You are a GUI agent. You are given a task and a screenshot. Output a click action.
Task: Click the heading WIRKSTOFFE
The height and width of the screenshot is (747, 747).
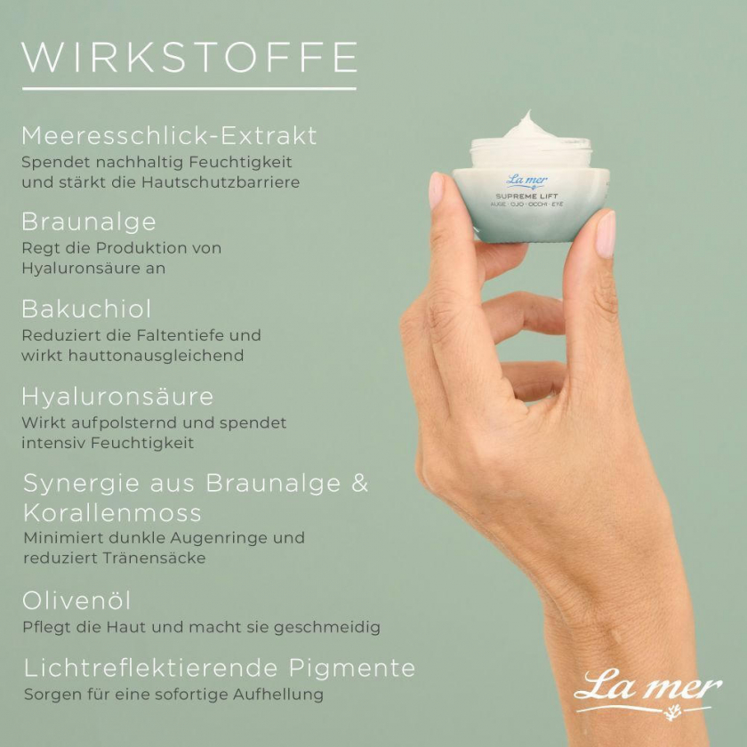pos(189,58)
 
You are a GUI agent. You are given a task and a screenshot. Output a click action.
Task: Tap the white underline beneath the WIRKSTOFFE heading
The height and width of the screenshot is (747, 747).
pos(189,89)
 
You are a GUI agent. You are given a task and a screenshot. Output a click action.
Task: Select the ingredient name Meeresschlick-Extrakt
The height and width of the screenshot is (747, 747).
pos(169,136)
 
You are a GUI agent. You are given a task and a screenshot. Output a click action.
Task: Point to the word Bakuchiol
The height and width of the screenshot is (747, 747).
pos(86,309)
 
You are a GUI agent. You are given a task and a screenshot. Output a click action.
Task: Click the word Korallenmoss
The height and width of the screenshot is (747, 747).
pos(112,512)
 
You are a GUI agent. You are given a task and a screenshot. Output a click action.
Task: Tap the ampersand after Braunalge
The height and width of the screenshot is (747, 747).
pos(359,483)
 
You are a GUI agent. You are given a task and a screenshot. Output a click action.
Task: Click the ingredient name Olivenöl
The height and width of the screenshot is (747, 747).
pos(76,600)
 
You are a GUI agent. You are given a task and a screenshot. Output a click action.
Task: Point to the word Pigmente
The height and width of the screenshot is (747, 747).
pos(351,669)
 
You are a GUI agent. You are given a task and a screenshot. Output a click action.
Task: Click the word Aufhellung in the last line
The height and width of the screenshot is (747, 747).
pos(278,695)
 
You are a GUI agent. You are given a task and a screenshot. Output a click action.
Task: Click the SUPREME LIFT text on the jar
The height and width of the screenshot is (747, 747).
pos(526,197)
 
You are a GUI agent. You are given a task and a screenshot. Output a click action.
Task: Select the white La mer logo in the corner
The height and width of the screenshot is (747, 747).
pos(648,692)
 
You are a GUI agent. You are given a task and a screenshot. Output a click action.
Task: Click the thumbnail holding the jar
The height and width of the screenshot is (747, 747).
pos(606,234)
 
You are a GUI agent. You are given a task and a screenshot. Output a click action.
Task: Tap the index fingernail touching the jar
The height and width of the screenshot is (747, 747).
pos(436,190)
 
